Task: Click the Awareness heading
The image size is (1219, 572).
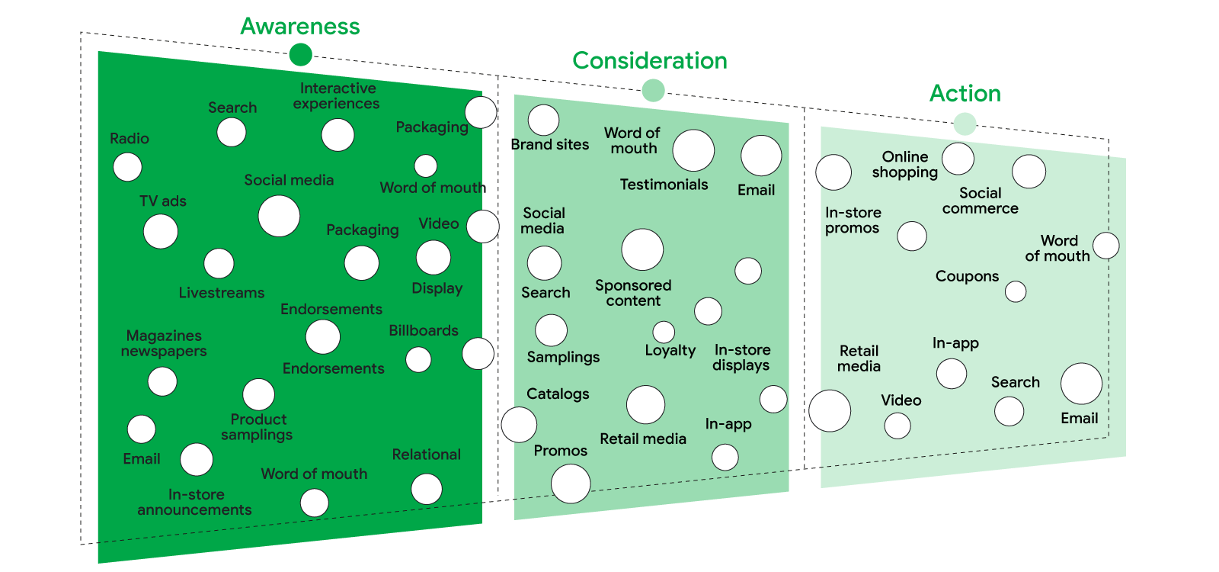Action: pyautogui.click(x=300, y=27)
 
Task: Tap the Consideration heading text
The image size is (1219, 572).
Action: pyautogui.click(x=650, y=61)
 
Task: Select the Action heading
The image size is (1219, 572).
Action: pyautogui.click(x=965, y=94)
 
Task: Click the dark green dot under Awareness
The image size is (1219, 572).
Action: pyautogui.click(x=300, y=55)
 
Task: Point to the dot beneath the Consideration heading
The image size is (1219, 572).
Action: pyautogui.click(x=653, y=91)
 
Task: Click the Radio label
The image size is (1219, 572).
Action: pyautogui.click(x=130, y=139)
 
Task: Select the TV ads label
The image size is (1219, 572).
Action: pyautogui.click(x=163, y=201)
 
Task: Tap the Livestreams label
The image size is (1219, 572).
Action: pyautogui.click(x=222, y=293)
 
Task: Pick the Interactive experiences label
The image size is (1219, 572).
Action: pyautogui.click(x=337, y=96)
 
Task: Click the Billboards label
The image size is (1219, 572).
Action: pyautogui.click(x=424, y=331)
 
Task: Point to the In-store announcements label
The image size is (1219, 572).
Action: pyautogui.click(x=195, y=503)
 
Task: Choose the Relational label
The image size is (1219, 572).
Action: pyautogui.click(x=427, y=455)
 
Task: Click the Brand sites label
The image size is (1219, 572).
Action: pyautogui.click(x=551, y=145)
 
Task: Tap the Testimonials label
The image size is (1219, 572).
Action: pyautogui.click(x=664, y=185)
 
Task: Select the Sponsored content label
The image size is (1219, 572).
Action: pyautogui.click(x=633, y=293)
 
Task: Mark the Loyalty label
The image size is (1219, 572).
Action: pyautogui.click(x=670, y=350)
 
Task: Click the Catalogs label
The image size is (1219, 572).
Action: pyautogui.click(x=558, y=394)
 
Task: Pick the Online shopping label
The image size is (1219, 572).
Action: pyautogui.click(x=905, y=165)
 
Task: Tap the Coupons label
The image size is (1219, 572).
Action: pyautogui.click(x=967, y=276)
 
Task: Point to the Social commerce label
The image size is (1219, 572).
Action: pyautogui.click(x=981, y=201)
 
